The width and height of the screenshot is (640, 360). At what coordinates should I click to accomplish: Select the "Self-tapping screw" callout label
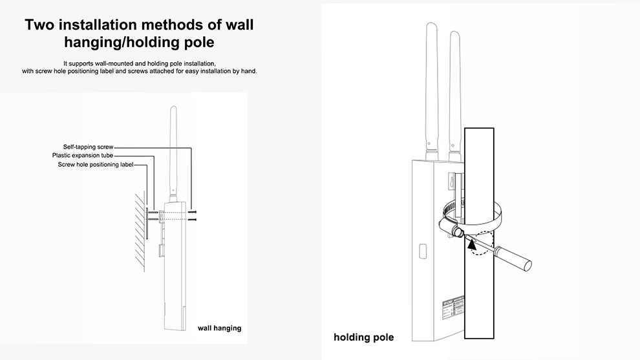(x=88, y=147)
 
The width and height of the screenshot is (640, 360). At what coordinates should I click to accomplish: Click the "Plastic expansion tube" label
(x=83, y=156)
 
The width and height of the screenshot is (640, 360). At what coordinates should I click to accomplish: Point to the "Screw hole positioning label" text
(x=96, y=165)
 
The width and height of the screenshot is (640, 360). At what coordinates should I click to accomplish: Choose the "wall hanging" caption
(x=219, y=328)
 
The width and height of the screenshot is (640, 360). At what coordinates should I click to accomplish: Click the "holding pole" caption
(x=363, y=337)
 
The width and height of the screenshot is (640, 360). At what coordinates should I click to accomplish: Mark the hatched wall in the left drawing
(x=140, y=229)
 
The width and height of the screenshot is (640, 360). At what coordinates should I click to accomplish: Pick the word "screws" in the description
(x=147, y=71)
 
